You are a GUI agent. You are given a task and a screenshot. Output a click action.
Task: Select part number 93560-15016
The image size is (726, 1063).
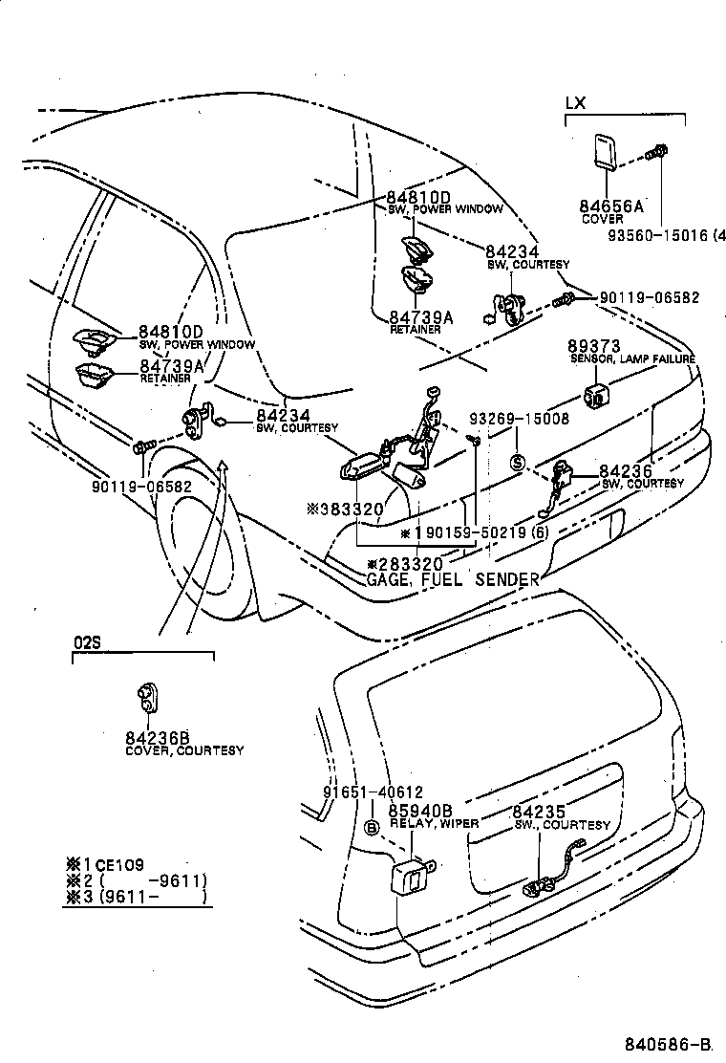[x=663, y=234]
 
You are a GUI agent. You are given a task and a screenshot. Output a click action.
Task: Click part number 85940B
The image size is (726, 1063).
[x=419, y=811]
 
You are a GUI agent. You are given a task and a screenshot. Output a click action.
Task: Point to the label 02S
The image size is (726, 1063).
[x=86, y=643]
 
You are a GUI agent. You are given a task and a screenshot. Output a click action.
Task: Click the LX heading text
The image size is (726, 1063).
[x=575, y=103]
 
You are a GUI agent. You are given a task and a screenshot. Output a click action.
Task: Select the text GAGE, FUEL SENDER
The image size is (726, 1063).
[x=453, y=579]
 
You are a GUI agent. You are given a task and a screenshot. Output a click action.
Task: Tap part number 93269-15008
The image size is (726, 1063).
[x=520, y=419]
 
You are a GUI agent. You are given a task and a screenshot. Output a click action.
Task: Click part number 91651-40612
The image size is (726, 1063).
[x=359, y=793]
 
